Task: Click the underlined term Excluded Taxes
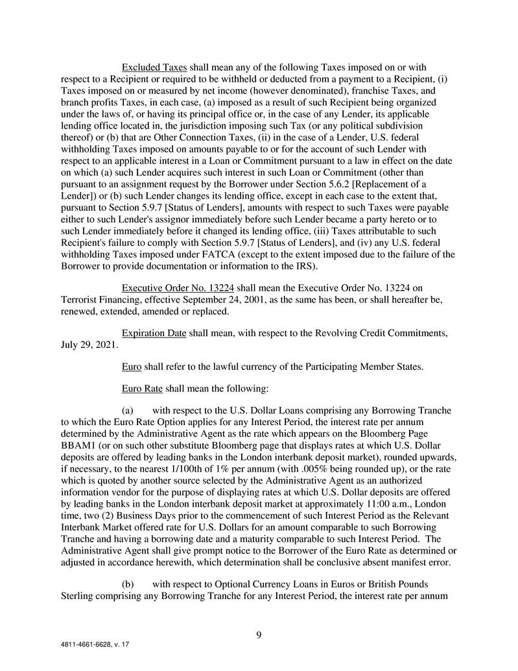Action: click(155, 67)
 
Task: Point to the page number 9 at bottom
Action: click(259, 635)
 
